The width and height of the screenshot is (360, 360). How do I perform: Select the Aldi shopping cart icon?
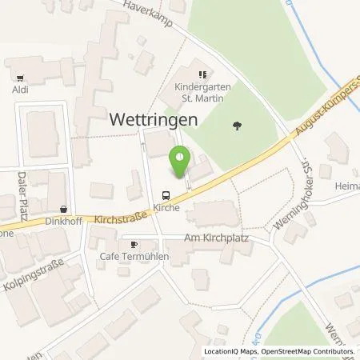pos(19,78)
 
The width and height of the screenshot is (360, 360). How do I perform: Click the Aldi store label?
pos(19,90)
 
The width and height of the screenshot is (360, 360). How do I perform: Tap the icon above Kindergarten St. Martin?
pos(203,74)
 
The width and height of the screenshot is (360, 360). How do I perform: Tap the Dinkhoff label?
pos(61,222)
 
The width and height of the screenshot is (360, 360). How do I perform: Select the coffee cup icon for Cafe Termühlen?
pos(134,243)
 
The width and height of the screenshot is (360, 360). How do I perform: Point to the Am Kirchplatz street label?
pos(207,238)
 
